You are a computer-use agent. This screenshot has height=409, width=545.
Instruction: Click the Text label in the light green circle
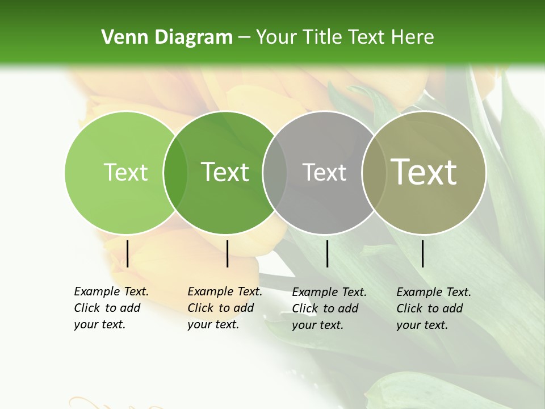(x=126, y=172)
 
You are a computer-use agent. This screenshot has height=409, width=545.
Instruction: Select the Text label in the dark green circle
(x=225, y=172)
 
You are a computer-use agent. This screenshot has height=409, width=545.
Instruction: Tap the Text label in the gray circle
(x=325, y=172)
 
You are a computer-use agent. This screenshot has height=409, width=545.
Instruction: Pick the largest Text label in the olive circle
(x=424, y=172)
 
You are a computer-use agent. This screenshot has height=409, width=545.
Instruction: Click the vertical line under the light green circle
(x=127, y=253)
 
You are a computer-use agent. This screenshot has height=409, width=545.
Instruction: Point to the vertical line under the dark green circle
(x=227, y=253)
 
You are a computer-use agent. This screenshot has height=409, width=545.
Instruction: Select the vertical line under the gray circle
(x=327, y=253)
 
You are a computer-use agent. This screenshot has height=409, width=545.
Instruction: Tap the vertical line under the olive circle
(x=422, y=253)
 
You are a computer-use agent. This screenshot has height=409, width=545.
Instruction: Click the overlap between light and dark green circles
(x=175, y=172)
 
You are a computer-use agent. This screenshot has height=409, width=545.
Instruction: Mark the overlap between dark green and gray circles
(x=275, y=172)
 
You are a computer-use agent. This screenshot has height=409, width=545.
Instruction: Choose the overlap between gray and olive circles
(x=374, y=172)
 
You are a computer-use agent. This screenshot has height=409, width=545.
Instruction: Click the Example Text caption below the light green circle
(x=111, y=308)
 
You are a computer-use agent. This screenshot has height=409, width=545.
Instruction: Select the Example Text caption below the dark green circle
(x=225, y=308)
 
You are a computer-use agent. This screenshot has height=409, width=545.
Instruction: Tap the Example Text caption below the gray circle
(x=329, y=308)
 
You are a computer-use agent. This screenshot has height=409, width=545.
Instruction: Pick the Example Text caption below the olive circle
(x=434, y=308)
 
